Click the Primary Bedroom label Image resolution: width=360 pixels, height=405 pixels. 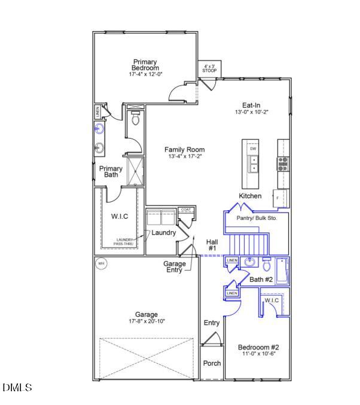coord(145,65)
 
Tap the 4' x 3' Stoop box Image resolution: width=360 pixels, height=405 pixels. coord(209,69)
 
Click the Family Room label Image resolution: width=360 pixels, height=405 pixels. coord(185,150)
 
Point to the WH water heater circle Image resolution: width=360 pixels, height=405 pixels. coord(101,263)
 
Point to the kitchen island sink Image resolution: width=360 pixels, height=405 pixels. coord(252,164)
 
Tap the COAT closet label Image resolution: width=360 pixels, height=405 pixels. coord(185,210)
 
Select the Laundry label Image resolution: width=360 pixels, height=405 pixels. coord(163,232)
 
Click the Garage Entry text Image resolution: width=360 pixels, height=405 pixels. coord(175,267)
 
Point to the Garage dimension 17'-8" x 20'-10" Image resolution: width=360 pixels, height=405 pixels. coord(146,321)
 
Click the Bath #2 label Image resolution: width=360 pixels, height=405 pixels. coord(261,280)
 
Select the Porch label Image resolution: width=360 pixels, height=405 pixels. coord(212,363)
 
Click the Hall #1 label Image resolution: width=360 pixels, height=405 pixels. coord(212,244)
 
